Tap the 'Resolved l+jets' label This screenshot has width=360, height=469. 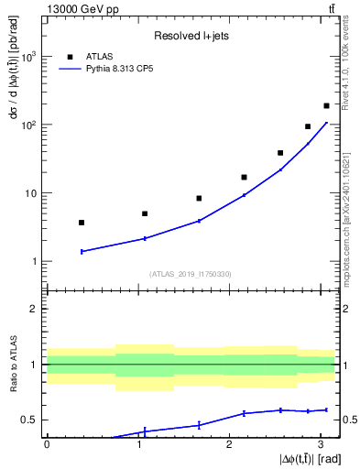[190, 36]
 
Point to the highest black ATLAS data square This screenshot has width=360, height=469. [326, 106]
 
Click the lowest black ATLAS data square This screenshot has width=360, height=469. [82, 223]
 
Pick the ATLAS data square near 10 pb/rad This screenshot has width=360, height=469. [199, 198]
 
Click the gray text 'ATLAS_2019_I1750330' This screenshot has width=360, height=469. [190, 273]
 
